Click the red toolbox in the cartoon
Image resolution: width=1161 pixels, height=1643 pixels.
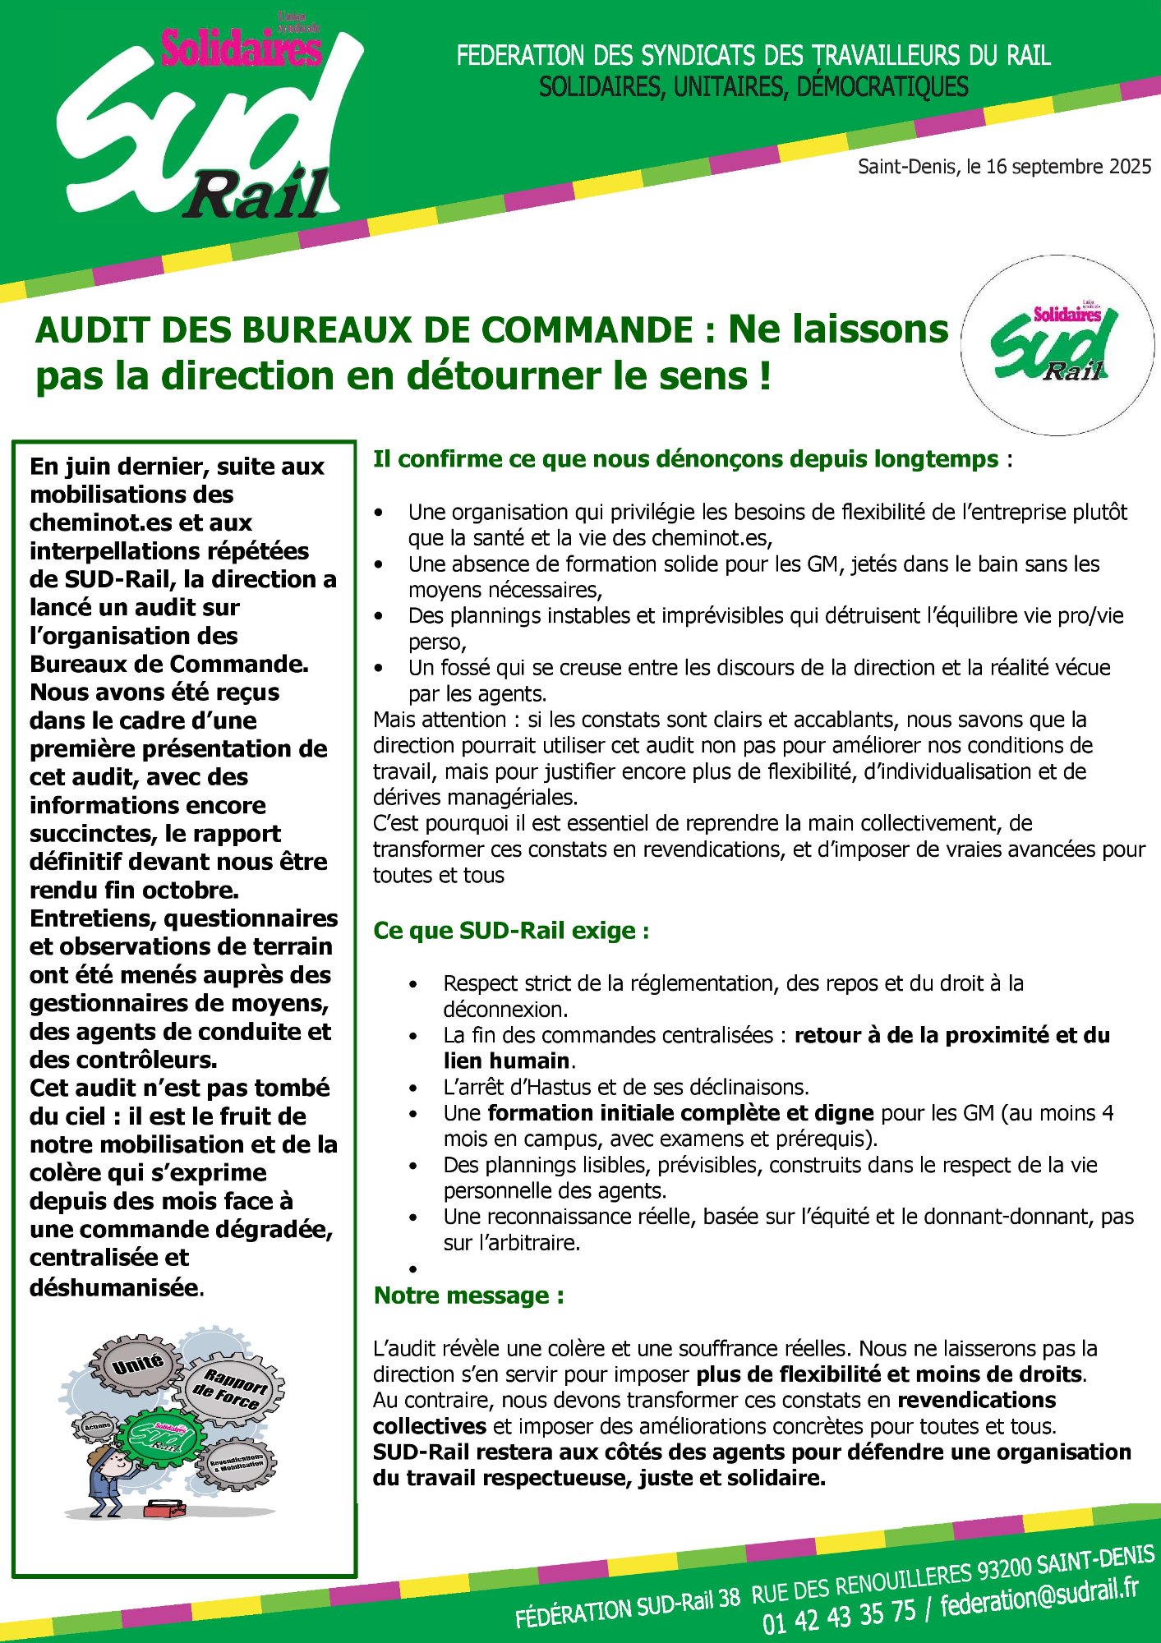(164, 1507)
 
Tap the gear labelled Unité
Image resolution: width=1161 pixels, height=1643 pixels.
(138, 1366)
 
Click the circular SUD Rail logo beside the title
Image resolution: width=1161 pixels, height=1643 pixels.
(1057, 345)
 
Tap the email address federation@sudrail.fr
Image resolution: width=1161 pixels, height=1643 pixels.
(1039, 1595)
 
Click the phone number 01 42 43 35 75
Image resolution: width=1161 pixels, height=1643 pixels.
(838, 1617)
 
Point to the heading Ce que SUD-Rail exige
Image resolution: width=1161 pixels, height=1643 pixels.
(511, 931)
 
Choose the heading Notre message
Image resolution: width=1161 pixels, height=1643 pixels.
(468, 1296)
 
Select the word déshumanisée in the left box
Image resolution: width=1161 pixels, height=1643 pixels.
(114, 1287)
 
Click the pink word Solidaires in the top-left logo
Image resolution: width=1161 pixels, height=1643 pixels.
(241, 48)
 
